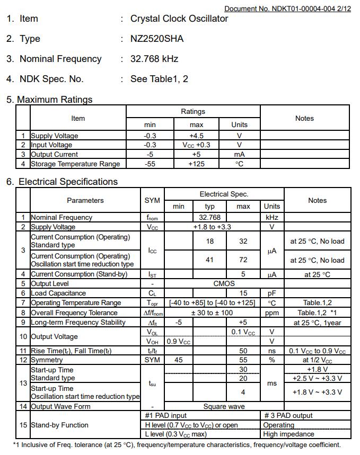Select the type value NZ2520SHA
(157, 39)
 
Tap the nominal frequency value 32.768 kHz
(154, 59)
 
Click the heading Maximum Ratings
(55, 100)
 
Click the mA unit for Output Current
(239, 154)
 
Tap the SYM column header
(152, 200)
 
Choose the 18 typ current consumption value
(210, 241)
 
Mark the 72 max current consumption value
(243, 260)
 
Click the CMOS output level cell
(224, 283)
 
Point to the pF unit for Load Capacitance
(272, 293)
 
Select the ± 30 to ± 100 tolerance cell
(212, 313)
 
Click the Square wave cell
(224, 406)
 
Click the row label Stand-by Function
(59, 425)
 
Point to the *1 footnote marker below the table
(16, 445)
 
